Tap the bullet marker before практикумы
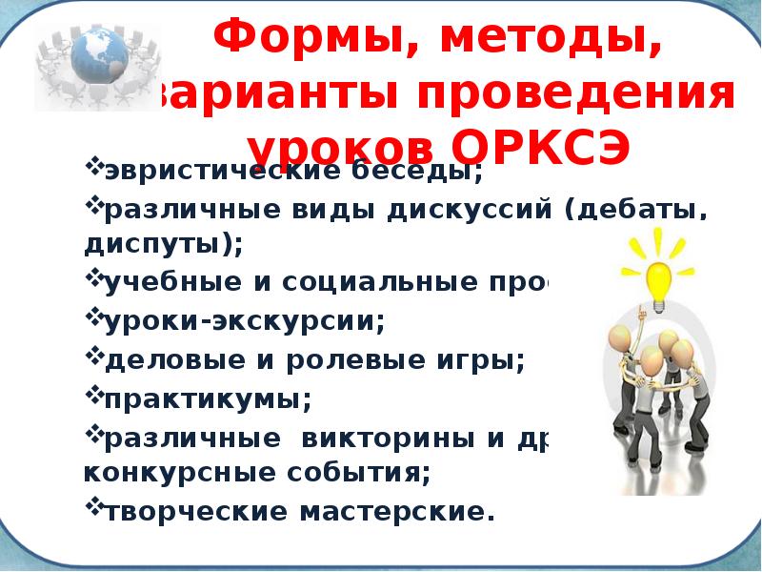[94, 392]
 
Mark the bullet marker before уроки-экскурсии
[94, 317]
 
